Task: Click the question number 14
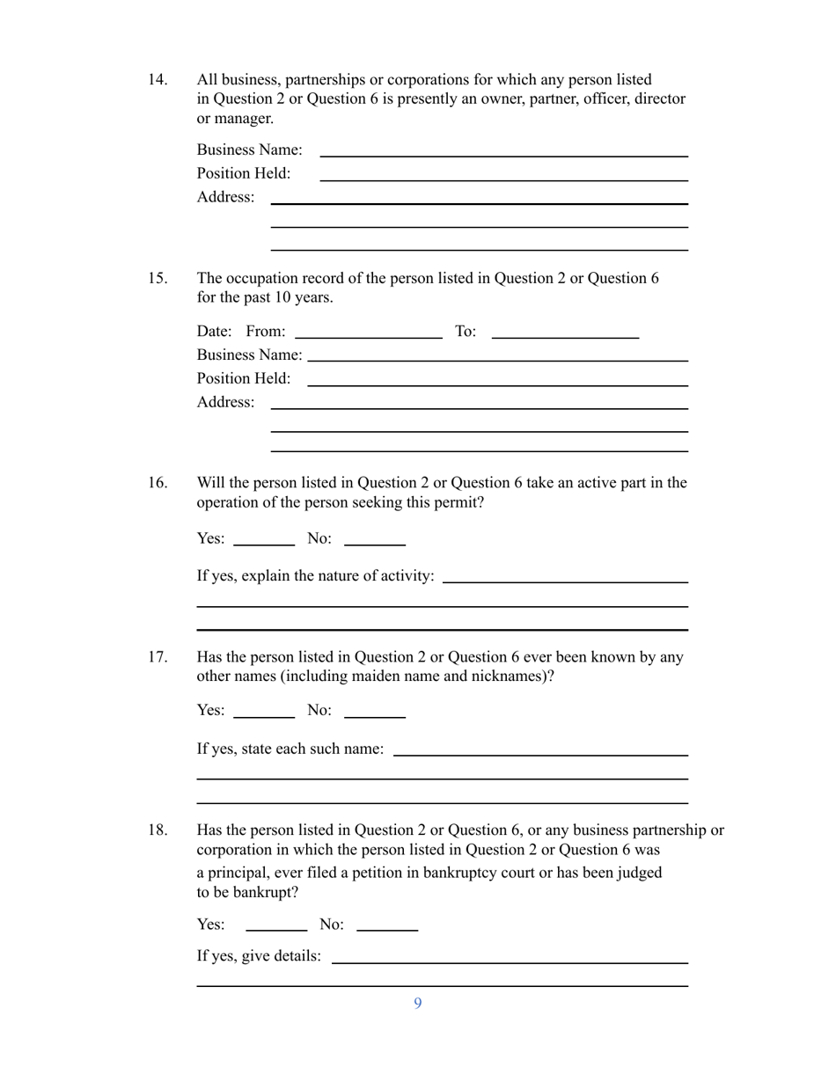tap(157, 80)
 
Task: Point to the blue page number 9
tap(418, 1004)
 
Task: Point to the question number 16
tap(157, 483)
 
